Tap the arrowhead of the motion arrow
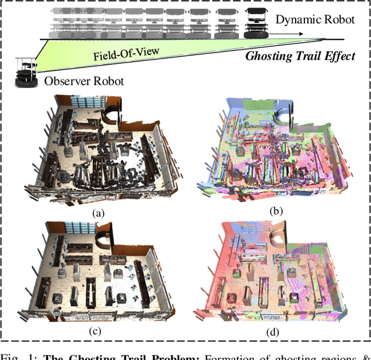(x=300, y=34)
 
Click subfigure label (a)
(x=99, y=213)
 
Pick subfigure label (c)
(x=99, y=332)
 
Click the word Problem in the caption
(x=174, y=354)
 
